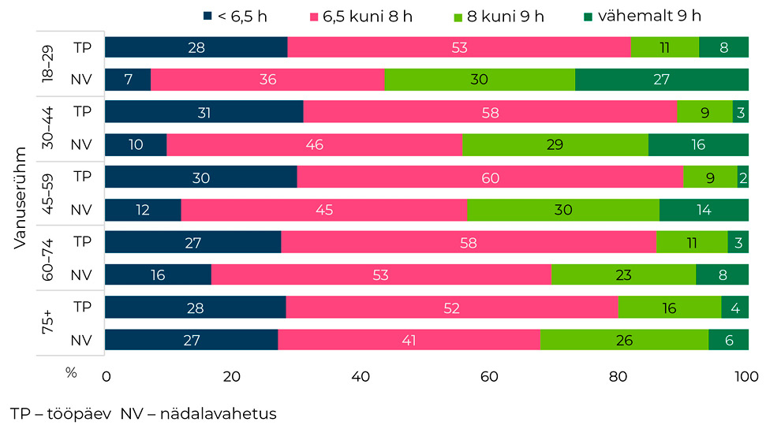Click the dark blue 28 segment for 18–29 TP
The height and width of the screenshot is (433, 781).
pos(196,47)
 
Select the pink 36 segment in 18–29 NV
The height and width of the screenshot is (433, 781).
pos(267,80)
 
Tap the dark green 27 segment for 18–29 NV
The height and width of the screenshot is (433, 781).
pos(661,80)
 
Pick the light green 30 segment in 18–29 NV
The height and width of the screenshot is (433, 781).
pos(479,80)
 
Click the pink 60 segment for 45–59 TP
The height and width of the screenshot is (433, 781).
pos(489,177)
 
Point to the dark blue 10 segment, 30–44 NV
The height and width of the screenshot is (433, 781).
pos(135,145)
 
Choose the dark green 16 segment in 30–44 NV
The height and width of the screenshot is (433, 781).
pos(697,145)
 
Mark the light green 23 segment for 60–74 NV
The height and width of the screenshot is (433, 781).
pos(622,274)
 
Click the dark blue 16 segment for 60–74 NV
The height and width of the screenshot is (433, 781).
pos(158,274)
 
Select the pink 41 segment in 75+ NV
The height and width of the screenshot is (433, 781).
pos(409,340)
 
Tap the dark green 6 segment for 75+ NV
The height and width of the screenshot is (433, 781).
pos(727,340)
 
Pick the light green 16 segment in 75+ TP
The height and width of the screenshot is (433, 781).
pos(669,307)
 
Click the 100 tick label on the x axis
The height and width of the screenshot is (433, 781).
pos(745,377)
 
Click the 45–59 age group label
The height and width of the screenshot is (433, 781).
pos(49,193)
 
